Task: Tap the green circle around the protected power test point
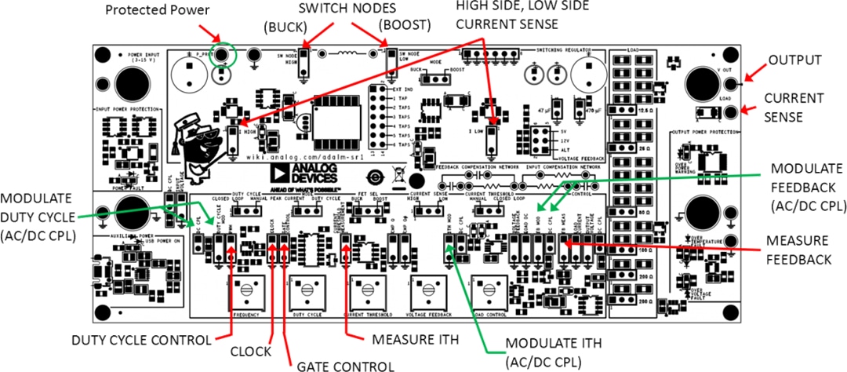click(223, 55)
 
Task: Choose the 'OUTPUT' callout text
click(794, 60)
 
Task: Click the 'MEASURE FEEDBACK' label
click(798, 250)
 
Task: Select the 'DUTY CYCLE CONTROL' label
click(141, 340)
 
